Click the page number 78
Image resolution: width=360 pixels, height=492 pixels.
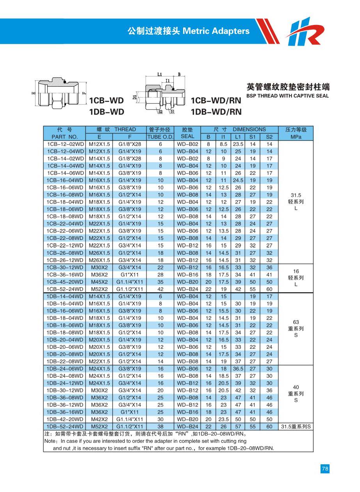(x=325, y=469)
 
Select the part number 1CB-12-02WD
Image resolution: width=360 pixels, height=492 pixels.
(x=65, y=144)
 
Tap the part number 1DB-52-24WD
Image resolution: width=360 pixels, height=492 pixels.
(x=65, y=426)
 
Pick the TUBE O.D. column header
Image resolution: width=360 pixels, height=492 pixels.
(x=160, y=137)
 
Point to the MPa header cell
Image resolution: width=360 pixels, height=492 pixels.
(x=296, y=137)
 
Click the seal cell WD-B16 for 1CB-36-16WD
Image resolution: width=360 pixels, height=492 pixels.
(x=187, y=275)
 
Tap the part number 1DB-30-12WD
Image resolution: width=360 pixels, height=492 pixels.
(x=65, y=390)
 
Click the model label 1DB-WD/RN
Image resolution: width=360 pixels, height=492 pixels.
(x=216, y=112)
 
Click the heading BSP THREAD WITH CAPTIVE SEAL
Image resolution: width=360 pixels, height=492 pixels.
(x=287, y=96)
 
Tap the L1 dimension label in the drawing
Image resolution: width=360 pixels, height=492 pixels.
(x=160, y=74)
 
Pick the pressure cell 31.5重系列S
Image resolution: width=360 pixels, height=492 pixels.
(x=296, y=426)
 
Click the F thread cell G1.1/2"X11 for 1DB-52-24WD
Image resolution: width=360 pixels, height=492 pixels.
(x=130, y=426)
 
